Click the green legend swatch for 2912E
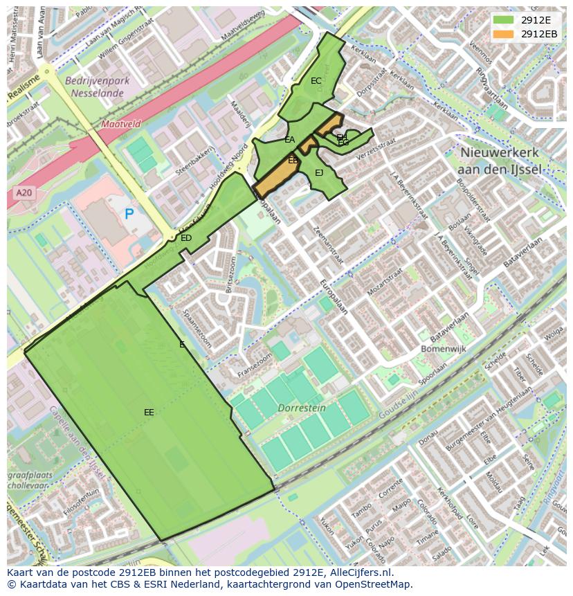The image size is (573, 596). tap(502, 19)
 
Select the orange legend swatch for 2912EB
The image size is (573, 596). tap(502, 34)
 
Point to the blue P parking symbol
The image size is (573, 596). tap(129, 215)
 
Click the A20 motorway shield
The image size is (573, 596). tap(23, 193)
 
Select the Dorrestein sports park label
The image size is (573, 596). tap(302, 408)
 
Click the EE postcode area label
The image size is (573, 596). tap(149, 413)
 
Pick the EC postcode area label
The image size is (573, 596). tap(316, 81)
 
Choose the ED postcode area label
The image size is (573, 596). tap(186, 238)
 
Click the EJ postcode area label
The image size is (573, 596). tap(319, 173)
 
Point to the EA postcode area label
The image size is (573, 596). tap(290, 140)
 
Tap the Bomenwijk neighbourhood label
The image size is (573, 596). tap(444, 349)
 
